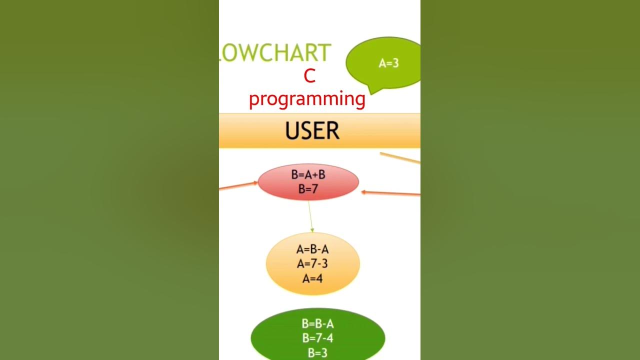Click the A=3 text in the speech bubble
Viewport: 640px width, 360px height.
pyautogui.click(x=388, y=63)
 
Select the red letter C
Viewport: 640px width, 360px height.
pyautogui.click(x=309, y=76)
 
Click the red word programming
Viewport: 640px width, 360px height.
pyautogui.click(x=307, y=98)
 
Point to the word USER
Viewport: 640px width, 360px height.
pyautogui.click(x=312, y=131)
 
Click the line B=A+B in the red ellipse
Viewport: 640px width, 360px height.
pyautogui.click(x=308, y=174)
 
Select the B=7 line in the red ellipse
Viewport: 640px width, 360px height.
pyautogui.click(x=308, y=189)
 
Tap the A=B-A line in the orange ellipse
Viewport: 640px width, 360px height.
pyautogui.click(x=312, y=249)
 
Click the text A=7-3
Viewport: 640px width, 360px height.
pyautogui.click(x=312, y=263)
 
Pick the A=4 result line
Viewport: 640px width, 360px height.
pyautogui.click(x=312, y=278)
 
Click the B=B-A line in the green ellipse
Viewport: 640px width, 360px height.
pyautogui.click(x=317, y=324)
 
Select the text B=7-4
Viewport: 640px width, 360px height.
pyautogui.click(x=317, y=338)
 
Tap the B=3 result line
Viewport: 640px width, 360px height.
pyautogui.click(x=317, y=352)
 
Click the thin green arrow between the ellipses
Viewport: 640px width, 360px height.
pyautogui.click(x=310, y=215)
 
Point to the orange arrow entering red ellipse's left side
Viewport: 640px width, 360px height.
pyautogui.click(x=237, y=186)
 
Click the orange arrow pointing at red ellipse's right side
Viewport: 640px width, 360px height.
pyautogui.click(x=392, y=193)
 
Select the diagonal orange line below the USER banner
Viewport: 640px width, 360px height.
pyautogui.click(x=400, y=158)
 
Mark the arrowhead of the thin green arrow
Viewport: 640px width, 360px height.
pyautogui.click(x=312, y=230)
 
